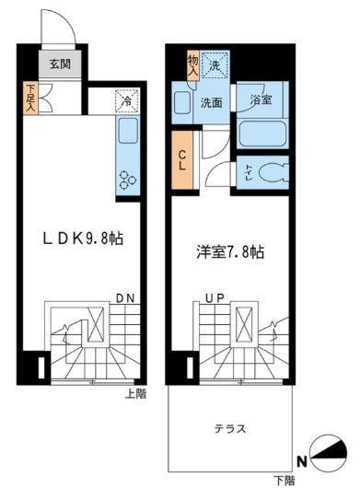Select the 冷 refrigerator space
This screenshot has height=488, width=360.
point(122,100)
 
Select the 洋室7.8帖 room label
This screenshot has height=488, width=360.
point(229,250)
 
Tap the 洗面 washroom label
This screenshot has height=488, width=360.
point(212,103)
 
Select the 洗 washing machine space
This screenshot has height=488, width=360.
point(215,65)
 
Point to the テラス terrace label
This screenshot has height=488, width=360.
point(229,428)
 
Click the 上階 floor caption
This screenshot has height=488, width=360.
point(135,394)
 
